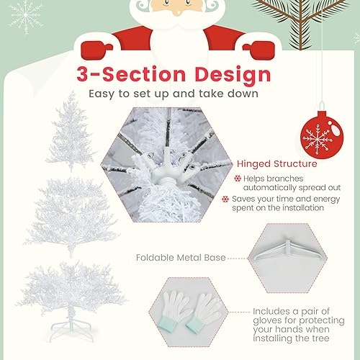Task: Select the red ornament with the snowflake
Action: point(317,135)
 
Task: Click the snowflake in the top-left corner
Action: point(25,14)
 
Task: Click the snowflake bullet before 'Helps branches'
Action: point(237,178)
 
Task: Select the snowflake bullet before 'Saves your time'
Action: point(237,199)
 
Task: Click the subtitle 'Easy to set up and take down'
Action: point(174,94)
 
